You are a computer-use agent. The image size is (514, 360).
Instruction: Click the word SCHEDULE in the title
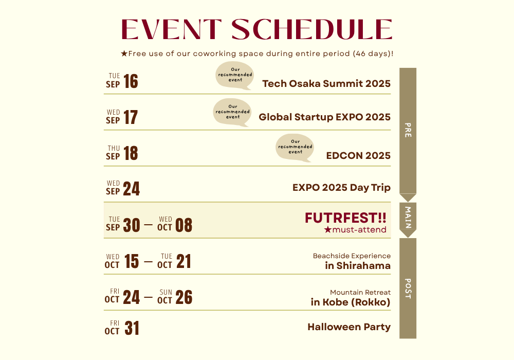coord(312,29)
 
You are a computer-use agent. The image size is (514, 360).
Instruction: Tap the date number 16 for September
coord(131,81)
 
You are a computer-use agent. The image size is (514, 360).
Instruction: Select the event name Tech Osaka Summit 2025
coord(326,84)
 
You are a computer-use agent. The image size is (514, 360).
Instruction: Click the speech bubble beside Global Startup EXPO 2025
coord(232,113)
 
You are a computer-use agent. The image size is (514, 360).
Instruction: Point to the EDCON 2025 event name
coord(358,155)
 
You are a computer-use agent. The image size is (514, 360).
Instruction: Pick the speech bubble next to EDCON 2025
coord(295,148)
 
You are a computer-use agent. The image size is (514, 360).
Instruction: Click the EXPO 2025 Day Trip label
coord(342,188)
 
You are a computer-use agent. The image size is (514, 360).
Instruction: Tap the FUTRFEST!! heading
coord(345,218)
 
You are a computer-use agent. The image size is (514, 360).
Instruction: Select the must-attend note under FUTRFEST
coord(355,229)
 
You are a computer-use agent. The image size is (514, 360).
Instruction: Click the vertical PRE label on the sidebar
coord(408,130)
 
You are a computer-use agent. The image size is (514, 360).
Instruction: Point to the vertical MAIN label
coord(408,218)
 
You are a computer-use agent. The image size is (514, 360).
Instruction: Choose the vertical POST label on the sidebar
coord(408,289)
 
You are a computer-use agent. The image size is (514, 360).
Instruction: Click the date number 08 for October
coord(183,225)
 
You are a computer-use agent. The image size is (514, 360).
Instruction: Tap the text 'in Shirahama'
coord(358,265)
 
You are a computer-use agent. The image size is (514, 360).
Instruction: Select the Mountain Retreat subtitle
coord(360,292)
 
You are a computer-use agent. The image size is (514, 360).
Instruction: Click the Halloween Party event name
coord(349,327)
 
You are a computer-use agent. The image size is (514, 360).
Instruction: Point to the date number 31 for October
coord(132,328)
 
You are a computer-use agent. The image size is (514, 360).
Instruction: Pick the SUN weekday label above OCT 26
coord(166,292)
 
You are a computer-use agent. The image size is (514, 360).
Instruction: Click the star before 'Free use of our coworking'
coord(124,53)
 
